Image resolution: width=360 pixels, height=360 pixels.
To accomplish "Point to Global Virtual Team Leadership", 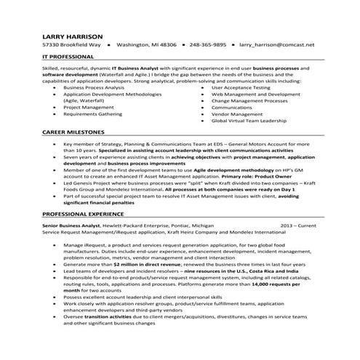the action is click(x=248, y=121).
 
